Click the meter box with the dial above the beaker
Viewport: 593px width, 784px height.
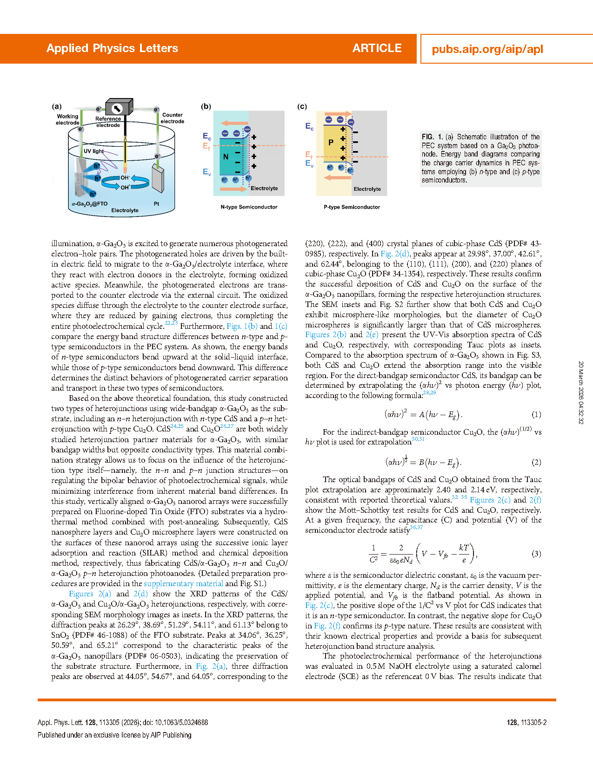coord(119,108)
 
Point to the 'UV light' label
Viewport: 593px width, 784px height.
coord(93,151)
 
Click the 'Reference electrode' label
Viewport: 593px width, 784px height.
coord(108,122)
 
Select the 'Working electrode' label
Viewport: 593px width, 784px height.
coord(67,119)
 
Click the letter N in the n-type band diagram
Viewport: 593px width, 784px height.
coord(226,157)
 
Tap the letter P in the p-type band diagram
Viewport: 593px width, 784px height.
coord(331,143)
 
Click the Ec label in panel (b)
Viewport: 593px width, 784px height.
coord(207,136)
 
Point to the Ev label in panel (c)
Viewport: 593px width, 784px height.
coord(309,163)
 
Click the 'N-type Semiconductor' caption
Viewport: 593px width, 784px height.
coord(249,207)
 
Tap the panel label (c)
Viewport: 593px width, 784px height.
coord(302,106)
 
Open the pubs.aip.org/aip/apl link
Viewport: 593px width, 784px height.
coord(487,49)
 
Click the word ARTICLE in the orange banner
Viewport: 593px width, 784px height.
coord(377,48)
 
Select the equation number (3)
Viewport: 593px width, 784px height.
coord(536,554)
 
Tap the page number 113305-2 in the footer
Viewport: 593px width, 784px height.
coord(527,722)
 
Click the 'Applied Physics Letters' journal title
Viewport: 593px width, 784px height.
coord(112,48)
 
